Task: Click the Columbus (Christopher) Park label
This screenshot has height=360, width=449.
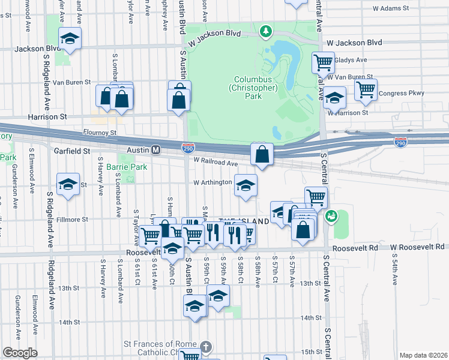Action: [256, 88]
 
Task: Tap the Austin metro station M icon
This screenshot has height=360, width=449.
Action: [155, 149]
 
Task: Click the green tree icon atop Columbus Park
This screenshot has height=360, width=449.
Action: [265, 30]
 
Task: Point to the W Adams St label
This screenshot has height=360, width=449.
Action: [390, 9]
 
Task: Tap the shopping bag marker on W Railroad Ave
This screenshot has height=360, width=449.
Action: [262, 155]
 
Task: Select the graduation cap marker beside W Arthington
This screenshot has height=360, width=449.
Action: [245, 185]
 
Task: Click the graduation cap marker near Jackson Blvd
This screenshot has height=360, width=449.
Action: [70, 39]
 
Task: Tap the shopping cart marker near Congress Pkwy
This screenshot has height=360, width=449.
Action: [365, 89]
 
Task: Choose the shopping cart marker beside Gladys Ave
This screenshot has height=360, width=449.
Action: [323, 61]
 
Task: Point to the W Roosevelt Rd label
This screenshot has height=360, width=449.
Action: [417, 247]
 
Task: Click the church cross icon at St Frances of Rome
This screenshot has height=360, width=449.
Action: [205, 347]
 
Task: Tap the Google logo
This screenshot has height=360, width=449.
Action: [20, 353]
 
